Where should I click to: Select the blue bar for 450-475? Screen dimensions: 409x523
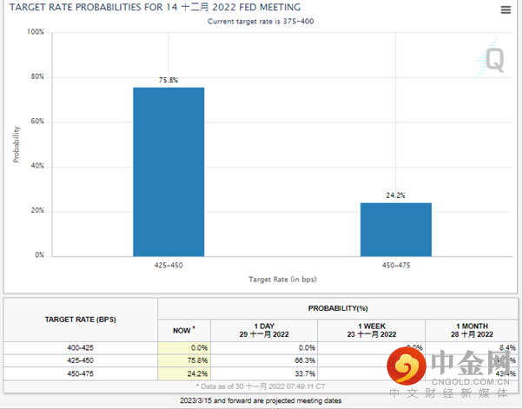click(396, 229)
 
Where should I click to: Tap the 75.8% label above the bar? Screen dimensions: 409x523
click(169, 80)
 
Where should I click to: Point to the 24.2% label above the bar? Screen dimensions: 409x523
click(396, 195)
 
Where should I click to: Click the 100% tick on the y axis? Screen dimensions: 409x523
click(35, 32)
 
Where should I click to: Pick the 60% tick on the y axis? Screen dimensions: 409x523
click(36, 122)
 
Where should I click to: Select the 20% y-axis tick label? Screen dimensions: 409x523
click(36, 211)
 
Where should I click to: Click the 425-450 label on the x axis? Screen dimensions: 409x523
click(169, 264)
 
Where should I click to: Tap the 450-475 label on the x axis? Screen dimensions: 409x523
click(396, 264)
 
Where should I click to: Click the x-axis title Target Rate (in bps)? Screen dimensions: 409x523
click(282, 280)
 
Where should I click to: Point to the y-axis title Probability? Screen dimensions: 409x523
click(16, 144)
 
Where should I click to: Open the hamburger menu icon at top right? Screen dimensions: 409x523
click(506, 10)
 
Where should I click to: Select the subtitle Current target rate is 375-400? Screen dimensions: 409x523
click(261, 21)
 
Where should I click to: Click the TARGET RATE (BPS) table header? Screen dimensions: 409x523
click(82, 320)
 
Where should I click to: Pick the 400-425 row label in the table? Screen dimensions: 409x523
click(82, 347)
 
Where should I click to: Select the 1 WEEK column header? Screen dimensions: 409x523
click(373, 330)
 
